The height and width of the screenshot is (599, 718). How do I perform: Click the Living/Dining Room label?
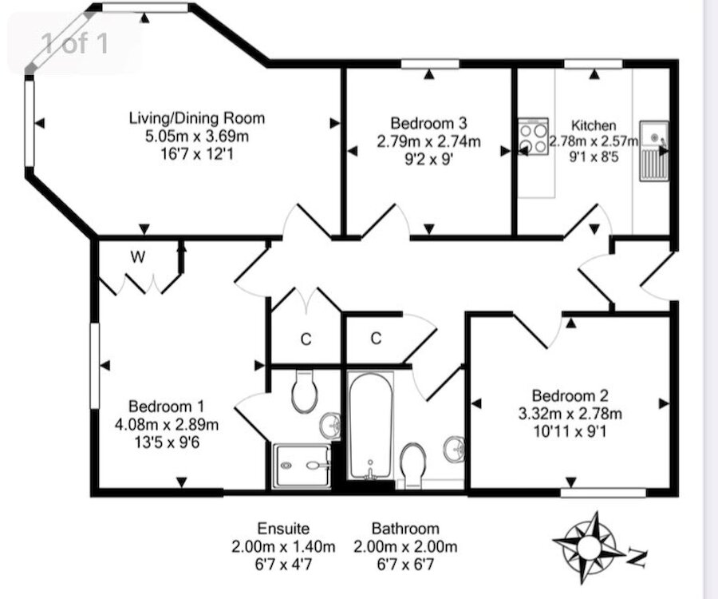[196, 118]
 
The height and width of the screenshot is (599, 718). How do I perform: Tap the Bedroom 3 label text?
[428, 123]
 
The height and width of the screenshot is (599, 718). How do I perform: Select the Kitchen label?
[594, 125]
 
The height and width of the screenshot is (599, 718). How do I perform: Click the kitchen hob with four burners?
[532, 135]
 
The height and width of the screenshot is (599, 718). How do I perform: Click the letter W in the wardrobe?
[137, 257]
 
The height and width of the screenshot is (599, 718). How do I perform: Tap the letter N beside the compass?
[636, 557]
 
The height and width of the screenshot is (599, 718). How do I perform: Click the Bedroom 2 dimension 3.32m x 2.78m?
[575, 413]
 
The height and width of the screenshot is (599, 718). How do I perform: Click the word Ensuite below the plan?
[283, 528]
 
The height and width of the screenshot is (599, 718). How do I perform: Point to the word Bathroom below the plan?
[405, 528]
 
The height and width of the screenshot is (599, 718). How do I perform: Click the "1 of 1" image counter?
[74, 43]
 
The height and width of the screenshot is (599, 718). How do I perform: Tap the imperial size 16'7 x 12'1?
[196, 152]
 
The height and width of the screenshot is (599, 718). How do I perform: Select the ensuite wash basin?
[331, 423]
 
